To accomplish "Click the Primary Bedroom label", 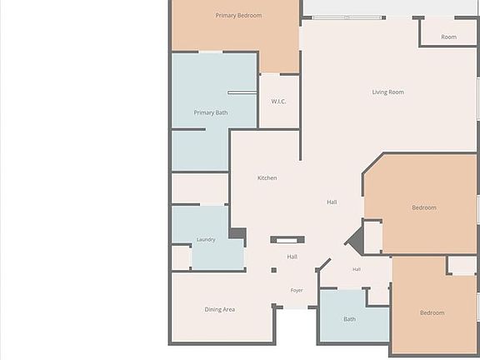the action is tap(238, 16).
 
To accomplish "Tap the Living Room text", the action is tap(387, 92).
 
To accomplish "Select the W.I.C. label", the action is tap(278, 102).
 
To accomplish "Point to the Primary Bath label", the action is tap(211, 112).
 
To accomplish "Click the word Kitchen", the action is tap(267, 177).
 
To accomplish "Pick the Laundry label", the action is tap(206, 240).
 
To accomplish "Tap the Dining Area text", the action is tap(220, 309).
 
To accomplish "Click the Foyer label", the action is tap(297, 290).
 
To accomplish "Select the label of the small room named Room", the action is tap(449, 37).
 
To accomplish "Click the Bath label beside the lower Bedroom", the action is tap(350, 319).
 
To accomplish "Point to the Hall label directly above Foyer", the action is tap(292, 257).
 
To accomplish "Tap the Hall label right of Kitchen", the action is tap(332, 202).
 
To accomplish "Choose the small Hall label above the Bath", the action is tap(357, 269).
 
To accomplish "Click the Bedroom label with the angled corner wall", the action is tap(424, 207).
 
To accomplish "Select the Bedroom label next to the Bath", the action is tap(432, 312).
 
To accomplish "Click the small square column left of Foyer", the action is tap(273, 270).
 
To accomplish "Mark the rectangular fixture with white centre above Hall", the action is tap(287, 240).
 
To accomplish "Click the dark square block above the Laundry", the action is tap(237, 233).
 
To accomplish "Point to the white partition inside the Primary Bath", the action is tap(242, 92).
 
